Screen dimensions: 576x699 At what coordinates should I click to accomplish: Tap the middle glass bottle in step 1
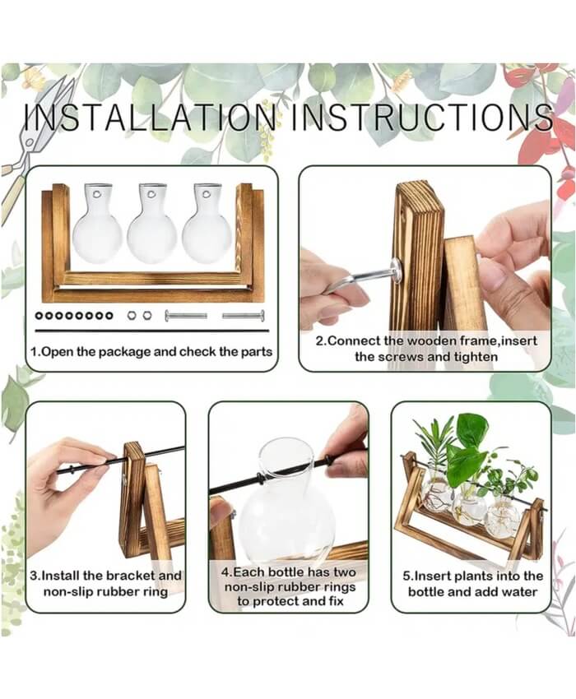pos(151,223)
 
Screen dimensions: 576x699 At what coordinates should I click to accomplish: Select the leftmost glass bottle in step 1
pos(97,223)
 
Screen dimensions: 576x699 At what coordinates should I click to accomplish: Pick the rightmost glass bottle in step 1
pos(207,223)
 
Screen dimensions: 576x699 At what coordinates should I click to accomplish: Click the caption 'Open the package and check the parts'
pos(151,352)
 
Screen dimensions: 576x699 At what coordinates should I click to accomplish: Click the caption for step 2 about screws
pos(426,349)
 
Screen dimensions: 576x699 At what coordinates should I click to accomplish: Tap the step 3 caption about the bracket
pos(105,584)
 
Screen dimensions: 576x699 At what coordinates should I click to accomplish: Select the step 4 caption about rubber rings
pos(289,586)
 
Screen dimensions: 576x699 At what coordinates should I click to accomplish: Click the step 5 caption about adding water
pos(472,584)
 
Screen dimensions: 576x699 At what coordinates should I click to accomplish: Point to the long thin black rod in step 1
pos(151,331)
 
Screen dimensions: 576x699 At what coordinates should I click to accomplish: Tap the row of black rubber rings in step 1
pos(74,316)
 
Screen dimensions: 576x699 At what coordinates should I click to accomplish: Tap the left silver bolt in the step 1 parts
pos(186,316)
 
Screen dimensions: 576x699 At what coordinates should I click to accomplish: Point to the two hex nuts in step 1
pos(139,316)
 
